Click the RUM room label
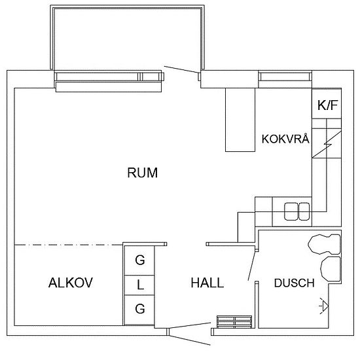pyautogui.click(x=143, y=173)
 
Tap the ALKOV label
pyautogui.click(x=71, y=283)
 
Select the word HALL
pyautogui.click(x=207, y=283)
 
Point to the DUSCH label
pyautogui.click(x=294, y=283)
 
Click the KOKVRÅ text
pyautogui.click(x=284, y=139)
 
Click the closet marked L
pyautogui.click(x=139, y=285)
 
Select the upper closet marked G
pyautogui.click(x=139, y=260)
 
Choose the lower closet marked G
pyautogui.click(x=139, y=309)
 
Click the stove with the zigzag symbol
pyautogui.click(x=327, y=144)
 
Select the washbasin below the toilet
pyautogui.click(x=330, y=268)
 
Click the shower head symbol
pyautogui.click(x=323, y=305)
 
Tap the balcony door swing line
pyautogui.click(x=181, y=70)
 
